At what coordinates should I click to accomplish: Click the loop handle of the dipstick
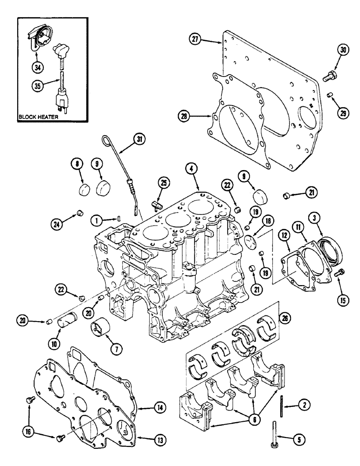click(x=107, y=139)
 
